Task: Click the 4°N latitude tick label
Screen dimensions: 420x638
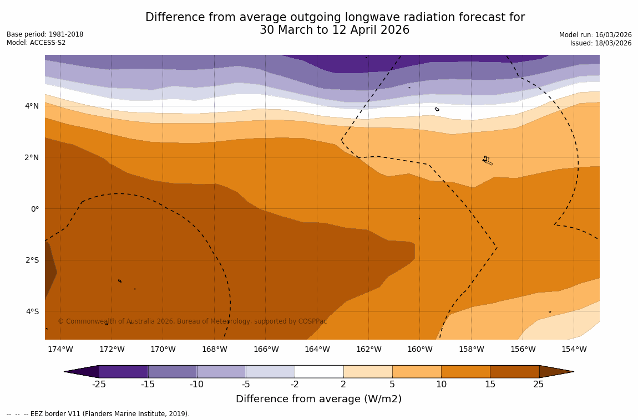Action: pyautogui.click(x=31, y=106)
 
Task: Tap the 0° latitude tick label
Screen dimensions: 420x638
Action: pyautogui.click(x=34, y=209)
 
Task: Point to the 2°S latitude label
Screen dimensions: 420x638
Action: pyautogui.click(x=32, y=260)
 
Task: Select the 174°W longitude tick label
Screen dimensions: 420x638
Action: pyautogui.click(x=60, y=349)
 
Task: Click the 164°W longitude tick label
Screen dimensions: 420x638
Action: pyautogui.click(x=317, y=349)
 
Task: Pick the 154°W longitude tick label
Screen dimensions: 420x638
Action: pyautogui.click(x=574, y=349)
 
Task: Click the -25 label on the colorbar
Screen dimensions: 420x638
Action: pyautogui.click(x=99, y=385)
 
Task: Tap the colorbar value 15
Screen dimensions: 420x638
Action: pyautogui.click(x=490, y=385)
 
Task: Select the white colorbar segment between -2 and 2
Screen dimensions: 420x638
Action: pyautogui.click(x=319, y=371)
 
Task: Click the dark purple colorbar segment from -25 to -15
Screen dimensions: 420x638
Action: pyautogui.click(x=123, y=371)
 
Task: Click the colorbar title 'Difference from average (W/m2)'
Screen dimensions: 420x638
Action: pyautogui.click(x=318, y=399)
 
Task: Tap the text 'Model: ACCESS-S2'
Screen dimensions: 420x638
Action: pyautogui.click(x=36, y=43)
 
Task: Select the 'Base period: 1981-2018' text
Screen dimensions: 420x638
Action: pyautogui.click(x=45, y=34)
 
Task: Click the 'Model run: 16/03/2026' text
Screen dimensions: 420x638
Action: pyautogui.click(x=595, y=35)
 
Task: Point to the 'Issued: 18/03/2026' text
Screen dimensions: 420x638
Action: pyautogui.click(x=601, y=43)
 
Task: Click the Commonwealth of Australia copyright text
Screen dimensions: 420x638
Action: pyautogui.click(x=193, y=321)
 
